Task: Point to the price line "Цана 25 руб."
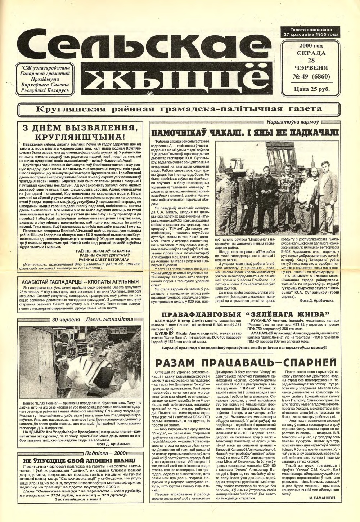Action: [311, 89]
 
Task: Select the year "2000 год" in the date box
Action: [311, 46]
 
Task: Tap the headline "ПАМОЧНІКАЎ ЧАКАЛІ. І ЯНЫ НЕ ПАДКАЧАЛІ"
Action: [246, 132]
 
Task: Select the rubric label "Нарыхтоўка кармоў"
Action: [290, 122]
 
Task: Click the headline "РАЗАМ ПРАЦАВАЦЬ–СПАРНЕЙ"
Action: [246, 362]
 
